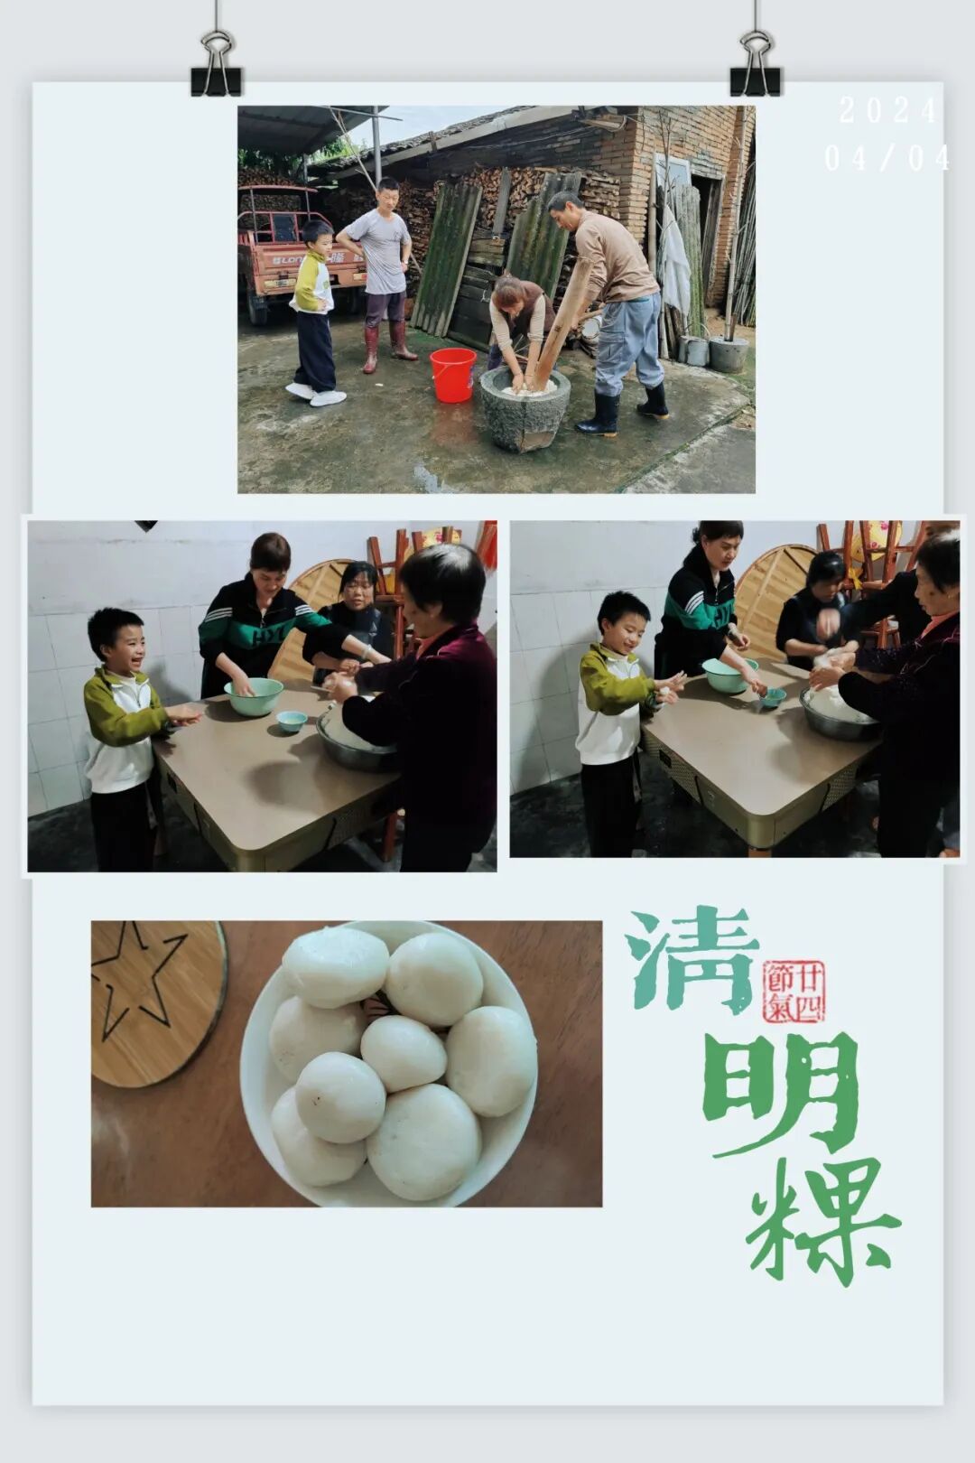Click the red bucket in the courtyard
pos(452,374)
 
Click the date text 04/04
pos(887,158)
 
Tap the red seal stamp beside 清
pos(794,991)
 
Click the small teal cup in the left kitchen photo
pos(292,721)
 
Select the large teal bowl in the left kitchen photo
pos(254,696)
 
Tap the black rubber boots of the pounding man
pos(623,408)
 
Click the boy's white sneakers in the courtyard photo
pos(316,395)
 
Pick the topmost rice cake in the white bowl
pos(335,966)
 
